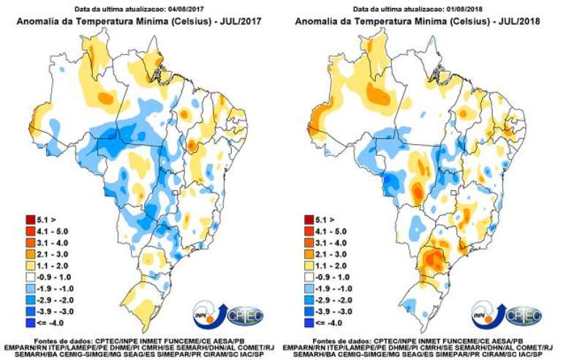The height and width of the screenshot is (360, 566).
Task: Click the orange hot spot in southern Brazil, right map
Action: [x=431, y=260]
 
